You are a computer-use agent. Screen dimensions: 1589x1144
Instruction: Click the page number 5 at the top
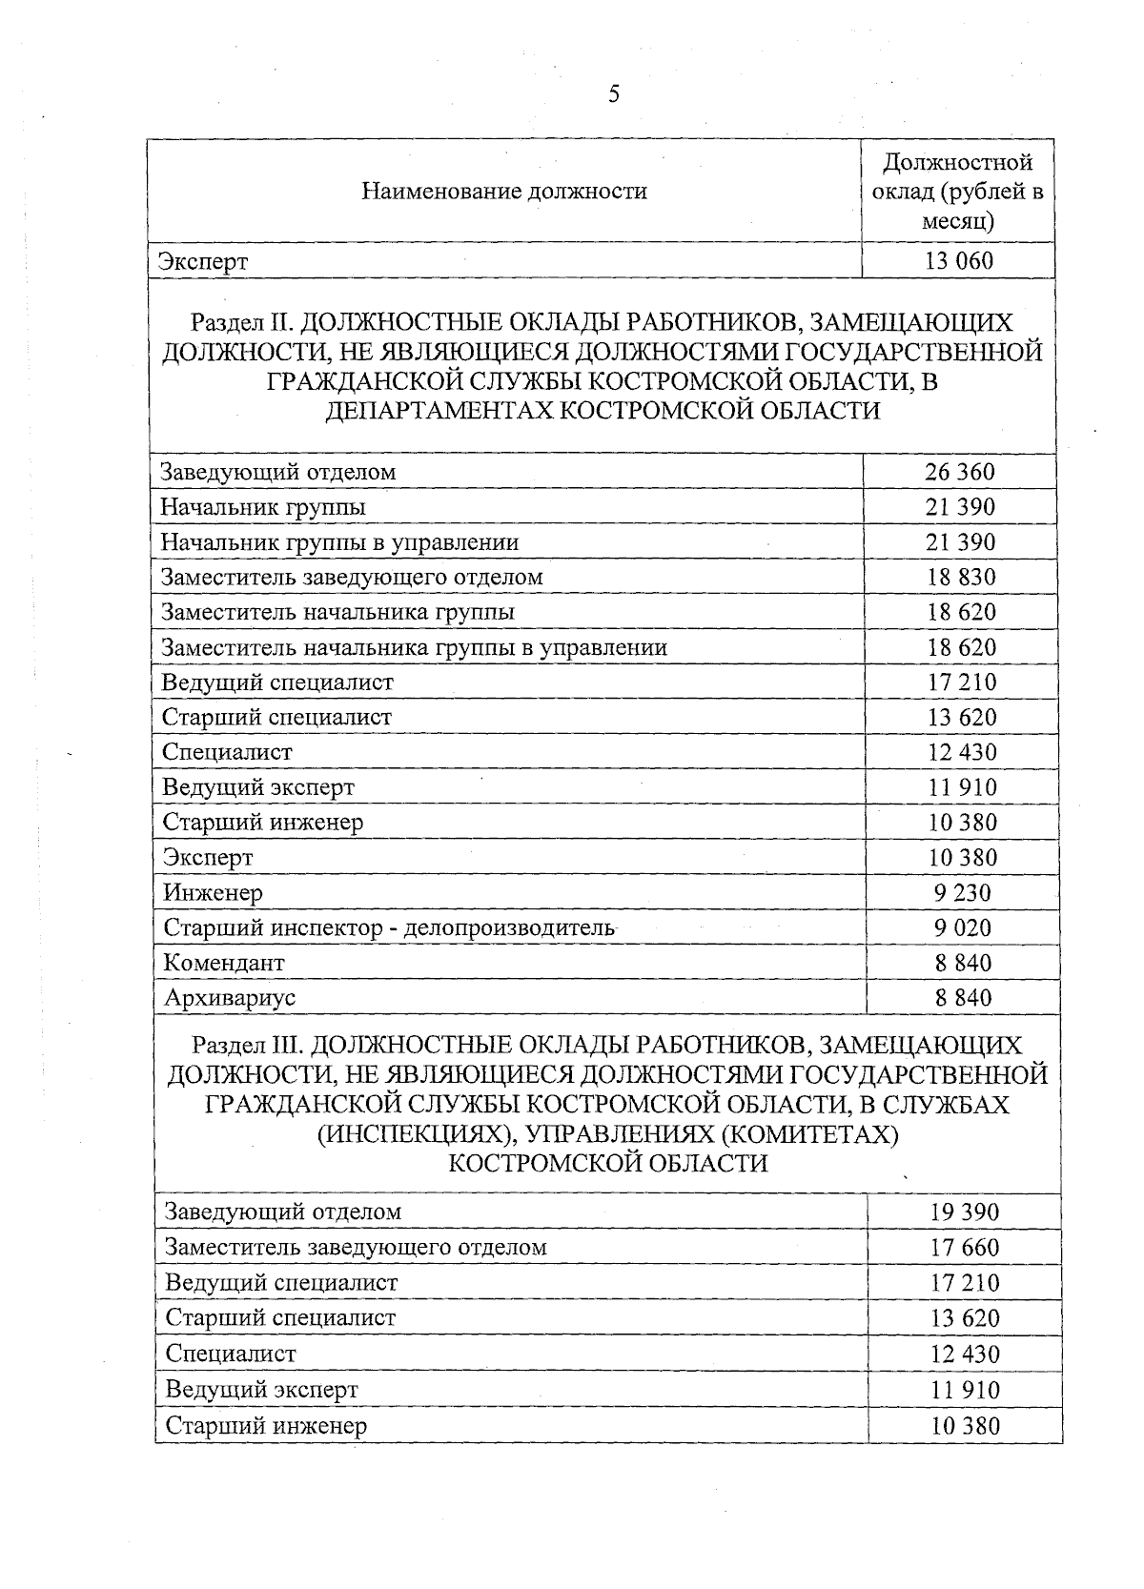(613, 93)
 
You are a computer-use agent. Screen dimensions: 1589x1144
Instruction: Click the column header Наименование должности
(504, 192)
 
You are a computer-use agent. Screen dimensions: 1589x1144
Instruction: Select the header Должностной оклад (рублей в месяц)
(957, 192)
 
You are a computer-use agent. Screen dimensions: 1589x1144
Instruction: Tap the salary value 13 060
(958, 260)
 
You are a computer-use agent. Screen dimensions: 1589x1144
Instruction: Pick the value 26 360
(959, 472)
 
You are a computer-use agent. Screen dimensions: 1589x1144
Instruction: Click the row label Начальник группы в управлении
(339, 542)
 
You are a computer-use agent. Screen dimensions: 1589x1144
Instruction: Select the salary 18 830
(960, 577)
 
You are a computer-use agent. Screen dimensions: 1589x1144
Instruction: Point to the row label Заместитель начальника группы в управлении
(414, 647)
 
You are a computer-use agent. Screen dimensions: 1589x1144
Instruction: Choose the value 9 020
(962, 927)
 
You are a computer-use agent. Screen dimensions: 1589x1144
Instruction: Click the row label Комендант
(224, 963)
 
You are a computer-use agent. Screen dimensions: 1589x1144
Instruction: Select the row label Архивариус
(230, 998)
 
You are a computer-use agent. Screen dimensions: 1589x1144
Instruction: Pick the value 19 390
(965, 1212)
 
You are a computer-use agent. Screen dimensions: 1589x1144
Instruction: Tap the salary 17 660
(965, 1247)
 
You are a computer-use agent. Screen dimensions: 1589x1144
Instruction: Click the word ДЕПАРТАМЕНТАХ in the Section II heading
(438, 411)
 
